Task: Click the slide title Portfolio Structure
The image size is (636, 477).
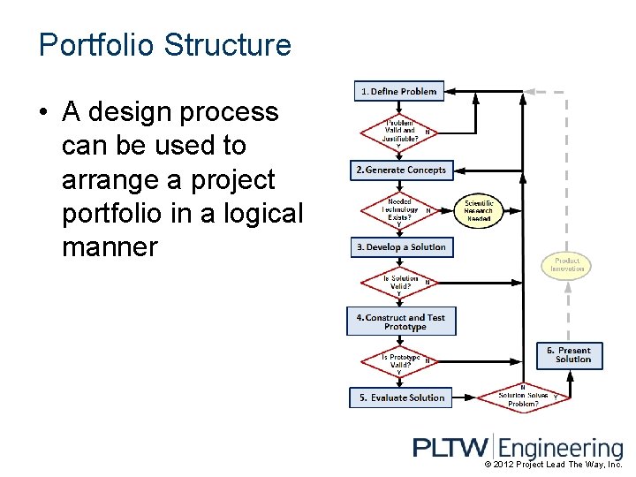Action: coord(164,45)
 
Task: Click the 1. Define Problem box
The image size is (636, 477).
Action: coord(397,91)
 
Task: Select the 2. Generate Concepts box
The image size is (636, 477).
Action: coord(400,170)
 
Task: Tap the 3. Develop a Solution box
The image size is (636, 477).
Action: coord(400,247)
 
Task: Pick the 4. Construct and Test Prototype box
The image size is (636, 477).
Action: coord(401,322)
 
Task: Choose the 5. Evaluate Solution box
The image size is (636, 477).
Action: coord(401,397)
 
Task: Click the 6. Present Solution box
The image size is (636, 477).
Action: coord(570,355)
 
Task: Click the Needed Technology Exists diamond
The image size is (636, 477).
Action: coord(399,210)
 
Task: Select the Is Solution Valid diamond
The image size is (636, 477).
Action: coord(399,284)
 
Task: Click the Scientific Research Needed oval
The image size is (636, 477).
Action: coord(479,211)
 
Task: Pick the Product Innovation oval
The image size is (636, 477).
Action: coord(566,265)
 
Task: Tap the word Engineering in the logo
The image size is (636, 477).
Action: coord(561,449)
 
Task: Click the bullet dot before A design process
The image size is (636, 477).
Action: coord(42,113)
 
